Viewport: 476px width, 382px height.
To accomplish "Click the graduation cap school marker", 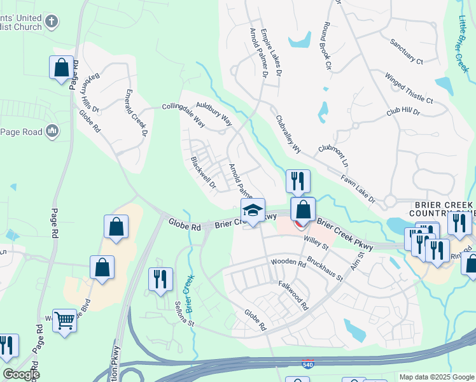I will coord(253,211).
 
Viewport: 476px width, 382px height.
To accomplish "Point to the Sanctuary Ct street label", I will coord(407,52).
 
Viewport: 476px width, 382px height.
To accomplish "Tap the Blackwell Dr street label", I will coord(204,173).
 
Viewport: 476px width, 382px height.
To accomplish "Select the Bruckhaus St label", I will coord(325,269).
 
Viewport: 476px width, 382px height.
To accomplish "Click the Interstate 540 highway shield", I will coord(307,364).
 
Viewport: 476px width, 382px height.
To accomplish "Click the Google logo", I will coord(21,374).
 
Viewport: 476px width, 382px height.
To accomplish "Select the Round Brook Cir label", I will coord(328,46).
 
